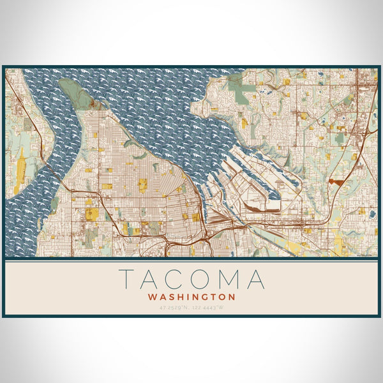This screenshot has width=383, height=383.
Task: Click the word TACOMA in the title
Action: (191, 280)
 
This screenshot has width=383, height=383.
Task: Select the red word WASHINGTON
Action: (191, 297)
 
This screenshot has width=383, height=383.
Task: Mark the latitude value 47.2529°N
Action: (175, 308)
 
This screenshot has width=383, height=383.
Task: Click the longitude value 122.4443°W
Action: (208, 308)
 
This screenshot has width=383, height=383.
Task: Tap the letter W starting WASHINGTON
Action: (152, 297)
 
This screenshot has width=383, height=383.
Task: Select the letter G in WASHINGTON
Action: (205, 297)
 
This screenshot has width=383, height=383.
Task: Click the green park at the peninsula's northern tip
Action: (75, 93)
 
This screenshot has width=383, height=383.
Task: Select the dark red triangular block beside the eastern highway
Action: (335, 181)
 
